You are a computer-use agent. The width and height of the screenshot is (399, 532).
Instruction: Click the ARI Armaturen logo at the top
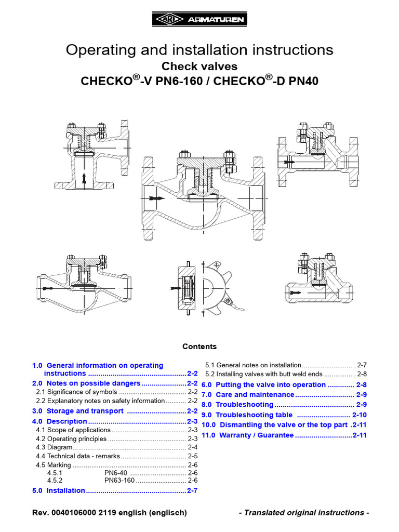pyautogui.click(x=199, y=20)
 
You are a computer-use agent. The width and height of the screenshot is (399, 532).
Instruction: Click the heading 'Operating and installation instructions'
pyautogui.click(x=199, y=50)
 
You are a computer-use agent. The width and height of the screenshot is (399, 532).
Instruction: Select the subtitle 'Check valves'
pyautogui.click(x=199, y=66)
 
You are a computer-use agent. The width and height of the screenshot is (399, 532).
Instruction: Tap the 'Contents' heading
pyautogui.click(x=199, y=347)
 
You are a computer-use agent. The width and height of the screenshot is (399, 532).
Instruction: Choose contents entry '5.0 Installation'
pyautogui.click(x=59, y=490)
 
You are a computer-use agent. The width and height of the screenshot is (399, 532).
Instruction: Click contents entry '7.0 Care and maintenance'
pyautogui.click(x=248, y=395)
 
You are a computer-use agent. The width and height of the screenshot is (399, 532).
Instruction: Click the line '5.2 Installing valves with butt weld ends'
pyautogui.click(x=265, y=374)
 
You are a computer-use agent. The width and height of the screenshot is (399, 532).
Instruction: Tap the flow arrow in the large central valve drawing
pyautogui.click(x=154, y=198)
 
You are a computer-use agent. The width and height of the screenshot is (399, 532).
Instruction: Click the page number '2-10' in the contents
pyautogui.click(x=360, y=415)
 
